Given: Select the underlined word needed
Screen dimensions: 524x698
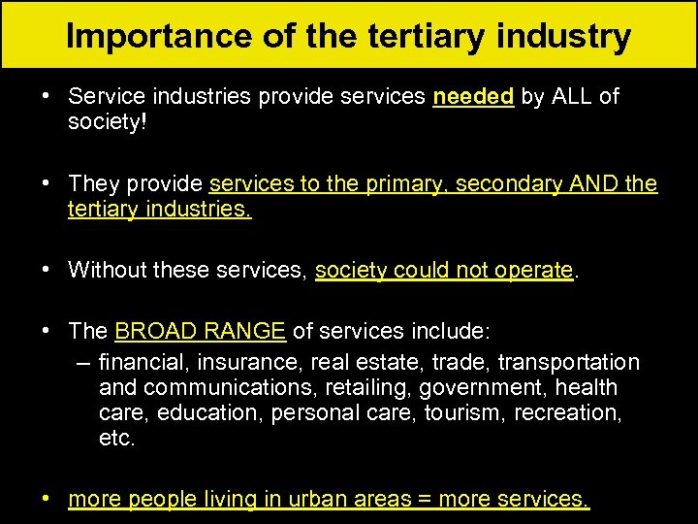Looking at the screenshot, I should [x=473, y=97].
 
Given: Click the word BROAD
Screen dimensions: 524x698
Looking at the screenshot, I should [x=153, y=331].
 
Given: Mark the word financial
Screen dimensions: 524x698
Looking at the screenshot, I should [x=143, y=363].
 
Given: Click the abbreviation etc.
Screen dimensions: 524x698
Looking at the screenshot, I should [x=117, y=438].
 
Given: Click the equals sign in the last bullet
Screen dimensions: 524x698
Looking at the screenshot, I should [x=425, y=500].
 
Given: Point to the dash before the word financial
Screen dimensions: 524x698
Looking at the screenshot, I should [x=83, y=363].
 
